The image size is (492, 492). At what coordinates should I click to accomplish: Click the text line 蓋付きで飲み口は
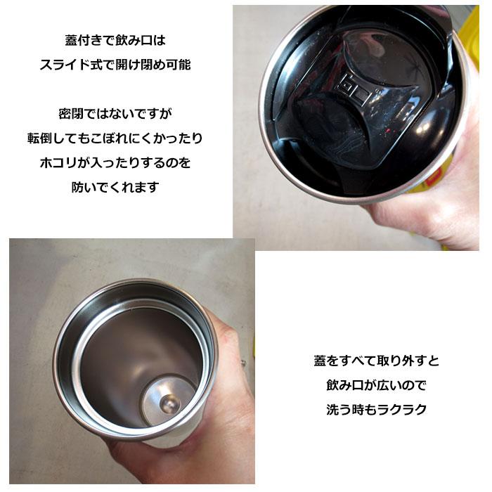coord(115,40)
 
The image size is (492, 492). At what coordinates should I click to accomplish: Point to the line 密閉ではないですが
coord(115,112)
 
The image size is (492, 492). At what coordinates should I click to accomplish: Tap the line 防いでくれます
coord(115,187)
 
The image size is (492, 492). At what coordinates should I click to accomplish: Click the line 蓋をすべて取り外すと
coord(376,361)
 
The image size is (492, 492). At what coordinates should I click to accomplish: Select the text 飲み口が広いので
coord(376,385)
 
